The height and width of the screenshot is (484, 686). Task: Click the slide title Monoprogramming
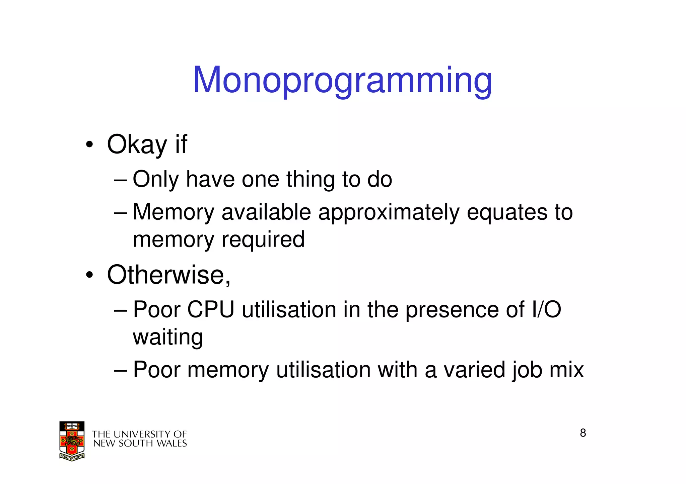tap(342, 80)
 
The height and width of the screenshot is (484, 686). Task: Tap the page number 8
tap(583, 433)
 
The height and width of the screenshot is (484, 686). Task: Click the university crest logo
tap(72, 441)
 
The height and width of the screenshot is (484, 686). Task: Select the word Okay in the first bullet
tap(137, 145)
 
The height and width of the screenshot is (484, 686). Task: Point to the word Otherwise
tap(168, 275)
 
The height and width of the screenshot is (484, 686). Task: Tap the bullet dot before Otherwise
tap(89, 275)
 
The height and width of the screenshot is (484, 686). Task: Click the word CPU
tap(211, 309)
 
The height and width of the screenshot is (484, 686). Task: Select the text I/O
tap(546, 309)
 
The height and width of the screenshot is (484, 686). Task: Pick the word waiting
tap(168, 337)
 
